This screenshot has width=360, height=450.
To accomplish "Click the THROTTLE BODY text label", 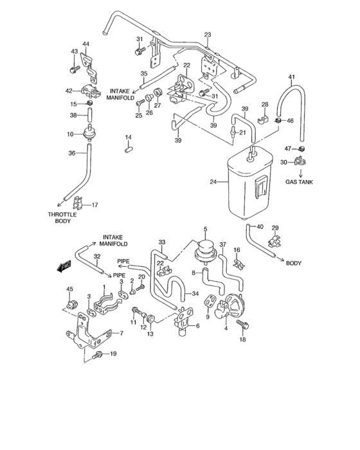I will (62, 218).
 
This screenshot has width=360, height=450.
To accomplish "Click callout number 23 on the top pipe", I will (208, 35).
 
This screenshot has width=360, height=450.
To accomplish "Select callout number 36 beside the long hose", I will (73, 153).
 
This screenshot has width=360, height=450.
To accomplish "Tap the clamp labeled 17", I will (78, 204).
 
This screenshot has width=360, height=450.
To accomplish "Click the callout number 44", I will (85, 43).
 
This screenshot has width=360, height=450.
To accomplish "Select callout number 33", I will (163, 242).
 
